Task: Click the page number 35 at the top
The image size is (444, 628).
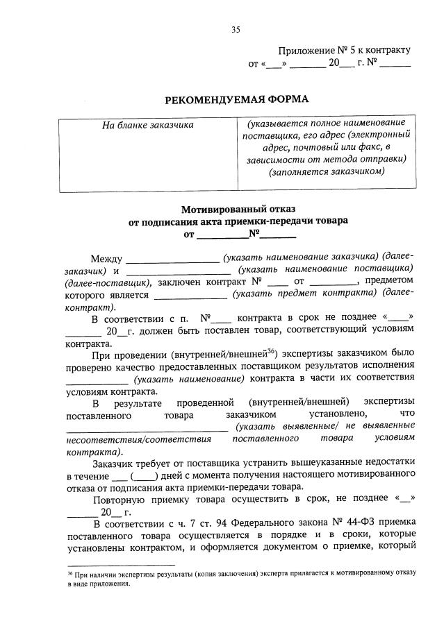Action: [235, 29]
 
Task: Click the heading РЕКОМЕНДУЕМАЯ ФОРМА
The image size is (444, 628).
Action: [236, 99]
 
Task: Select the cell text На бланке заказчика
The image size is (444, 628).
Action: [148, 125]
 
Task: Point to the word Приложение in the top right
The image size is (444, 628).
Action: [303, 51]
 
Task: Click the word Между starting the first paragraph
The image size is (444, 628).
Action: [106, 258]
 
